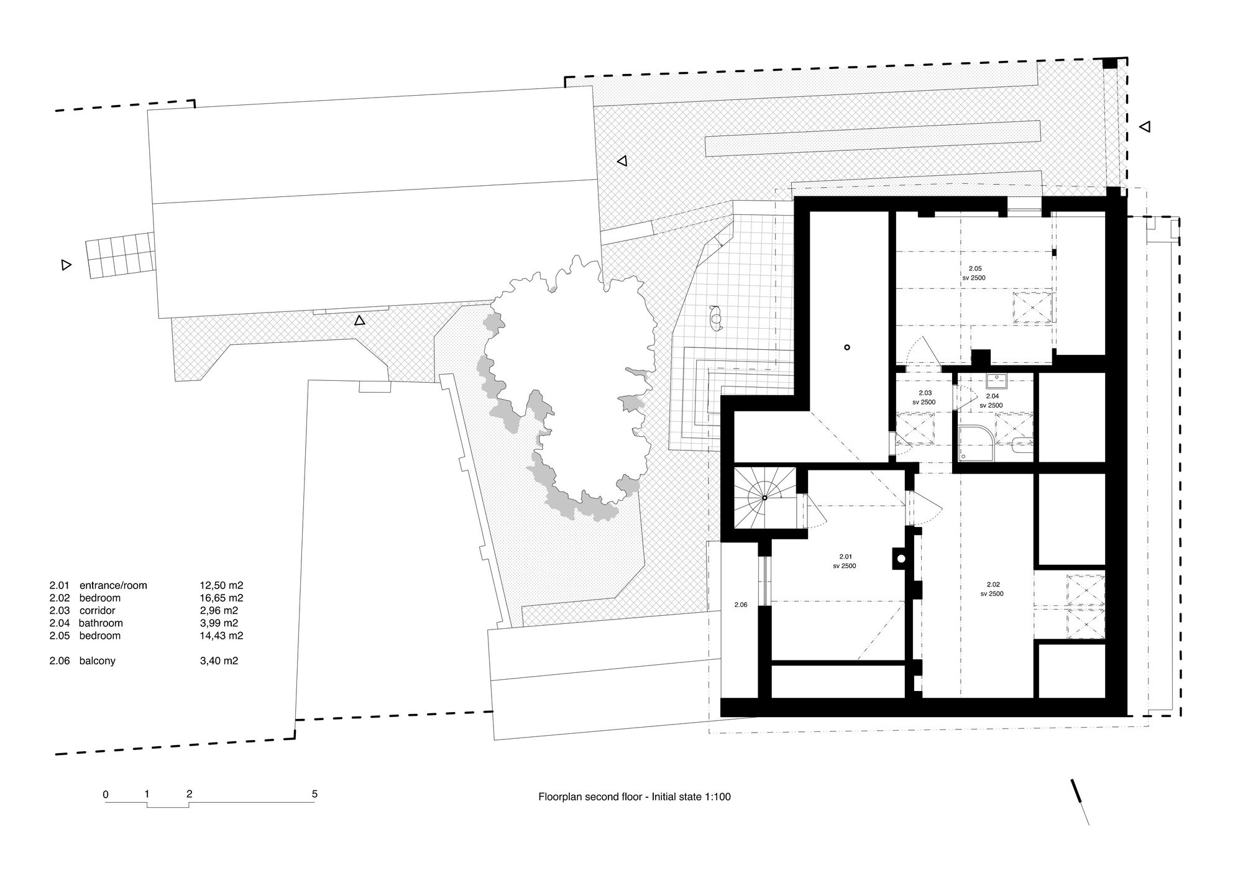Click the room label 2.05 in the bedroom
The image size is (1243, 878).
pos(975,268)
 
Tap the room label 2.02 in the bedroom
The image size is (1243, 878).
pos(993,584)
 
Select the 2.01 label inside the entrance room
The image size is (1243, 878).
pos(845,557)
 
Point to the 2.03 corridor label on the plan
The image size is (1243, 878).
pos(925,393)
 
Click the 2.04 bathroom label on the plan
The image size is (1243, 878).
pos(993,396)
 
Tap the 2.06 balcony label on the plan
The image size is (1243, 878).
pos(740,605)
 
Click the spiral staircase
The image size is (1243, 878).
pos(765,498)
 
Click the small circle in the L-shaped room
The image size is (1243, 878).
pos(846,348)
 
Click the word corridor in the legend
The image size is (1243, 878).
pos(98,610)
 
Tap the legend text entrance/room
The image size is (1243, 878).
pos(113,585)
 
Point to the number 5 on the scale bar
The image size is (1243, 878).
pos(314,793)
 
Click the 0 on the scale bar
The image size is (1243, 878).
pos(106,793)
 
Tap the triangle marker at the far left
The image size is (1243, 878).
pos(66,265)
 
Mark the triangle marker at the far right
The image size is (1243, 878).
pos(1145,127)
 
